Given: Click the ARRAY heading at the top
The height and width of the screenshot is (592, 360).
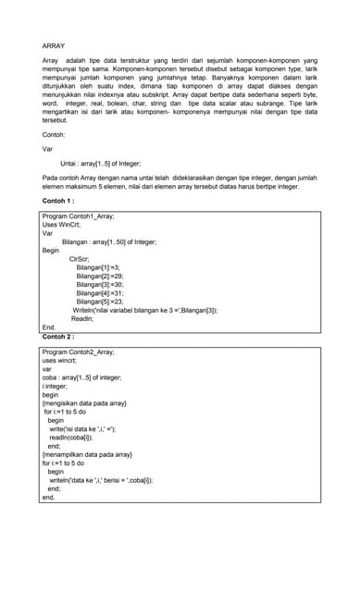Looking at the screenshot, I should pyautogui.click(x=54, y=44).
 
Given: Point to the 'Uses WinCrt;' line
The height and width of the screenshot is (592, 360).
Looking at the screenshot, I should pyautogui.click(x=62, y=225).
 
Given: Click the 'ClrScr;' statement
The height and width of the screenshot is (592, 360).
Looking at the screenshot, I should pyautogui.click(x=81, y=259).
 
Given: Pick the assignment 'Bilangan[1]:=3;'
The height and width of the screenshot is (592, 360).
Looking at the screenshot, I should pyautogui.click(x=98, y=267).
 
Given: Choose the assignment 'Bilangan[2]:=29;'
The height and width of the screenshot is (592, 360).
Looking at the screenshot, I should pyautogui.click(x=100, y=276).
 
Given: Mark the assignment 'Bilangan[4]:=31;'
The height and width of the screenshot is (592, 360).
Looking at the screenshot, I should pyautogui.click(x=100, y=293).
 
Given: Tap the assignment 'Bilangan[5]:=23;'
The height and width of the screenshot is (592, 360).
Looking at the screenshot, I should pyautogui.click(x=100, y=302).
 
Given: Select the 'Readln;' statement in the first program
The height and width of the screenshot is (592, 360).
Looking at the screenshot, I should pyautogui.click(x=82, y=318).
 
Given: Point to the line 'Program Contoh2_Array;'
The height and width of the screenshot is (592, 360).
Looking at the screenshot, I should pyautogui.click(x=78, y=352).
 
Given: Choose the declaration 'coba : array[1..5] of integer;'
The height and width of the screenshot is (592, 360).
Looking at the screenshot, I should pyautogui.click(x=81, y=377).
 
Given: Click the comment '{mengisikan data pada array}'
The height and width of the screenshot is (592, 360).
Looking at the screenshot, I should pyautogui.click(x=84, y=403).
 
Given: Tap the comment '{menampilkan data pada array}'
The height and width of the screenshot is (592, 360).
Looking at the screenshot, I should pyautogui.click(x=87, y=454).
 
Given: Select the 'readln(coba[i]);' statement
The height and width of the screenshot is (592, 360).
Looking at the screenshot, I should pyautogui.click(x=77, y=437).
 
